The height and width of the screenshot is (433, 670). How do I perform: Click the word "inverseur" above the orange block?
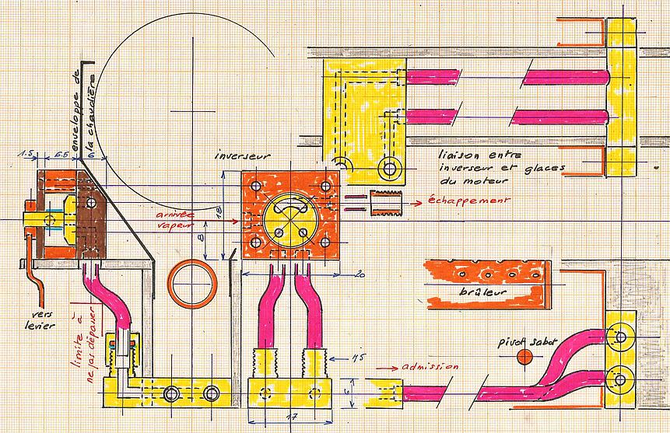click(x=243, y=157)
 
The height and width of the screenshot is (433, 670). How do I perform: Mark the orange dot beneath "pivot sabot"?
click(x=525, y=357)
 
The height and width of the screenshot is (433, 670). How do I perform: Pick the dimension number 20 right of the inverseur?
click(x=359, y=274)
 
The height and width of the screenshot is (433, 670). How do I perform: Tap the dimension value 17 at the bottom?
click(x=290, y=417)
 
